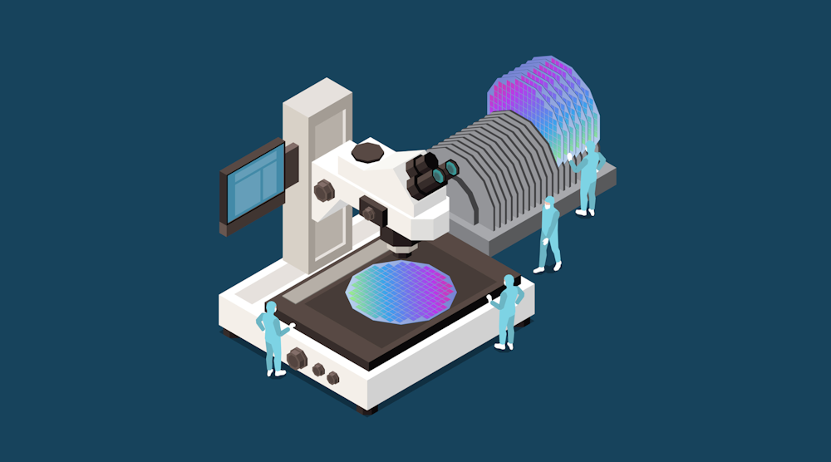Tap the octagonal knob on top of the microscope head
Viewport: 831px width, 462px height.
pos(367,151)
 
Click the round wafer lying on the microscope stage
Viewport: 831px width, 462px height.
pos(401,290)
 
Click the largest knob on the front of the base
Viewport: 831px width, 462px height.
pos(296,359)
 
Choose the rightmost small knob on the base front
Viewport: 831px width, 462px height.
pos(333,378)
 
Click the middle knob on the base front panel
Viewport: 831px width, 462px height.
pos(317,370)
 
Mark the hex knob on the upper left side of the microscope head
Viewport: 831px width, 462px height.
pos(322,190)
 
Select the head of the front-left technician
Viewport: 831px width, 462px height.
pos(271,307)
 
